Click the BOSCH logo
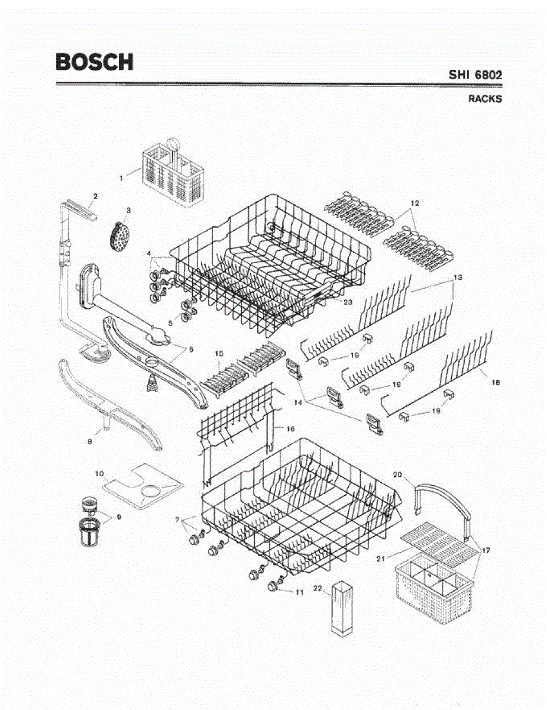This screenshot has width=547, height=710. pos(95,62)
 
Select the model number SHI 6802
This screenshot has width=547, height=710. pos(475,75)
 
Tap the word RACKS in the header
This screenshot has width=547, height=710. pos(485,99)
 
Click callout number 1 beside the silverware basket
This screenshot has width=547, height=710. pos(121,179)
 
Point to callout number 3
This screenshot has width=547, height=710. pos(128,211)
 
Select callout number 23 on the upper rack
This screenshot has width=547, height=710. pos(348,302)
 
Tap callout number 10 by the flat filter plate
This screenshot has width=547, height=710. pos(99,473)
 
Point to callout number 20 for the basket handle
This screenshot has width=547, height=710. pos(397,474)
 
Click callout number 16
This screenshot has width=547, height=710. pos(290,428)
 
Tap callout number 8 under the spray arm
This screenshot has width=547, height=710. pos(90,442)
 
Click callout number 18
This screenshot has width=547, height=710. pos(496,382)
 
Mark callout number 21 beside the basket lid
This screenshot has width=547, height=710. pos(381,559)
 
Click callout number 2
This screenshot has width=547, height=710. pos(95,196)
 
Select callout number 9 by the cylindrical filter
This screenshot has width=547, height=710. pos(119,517)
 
